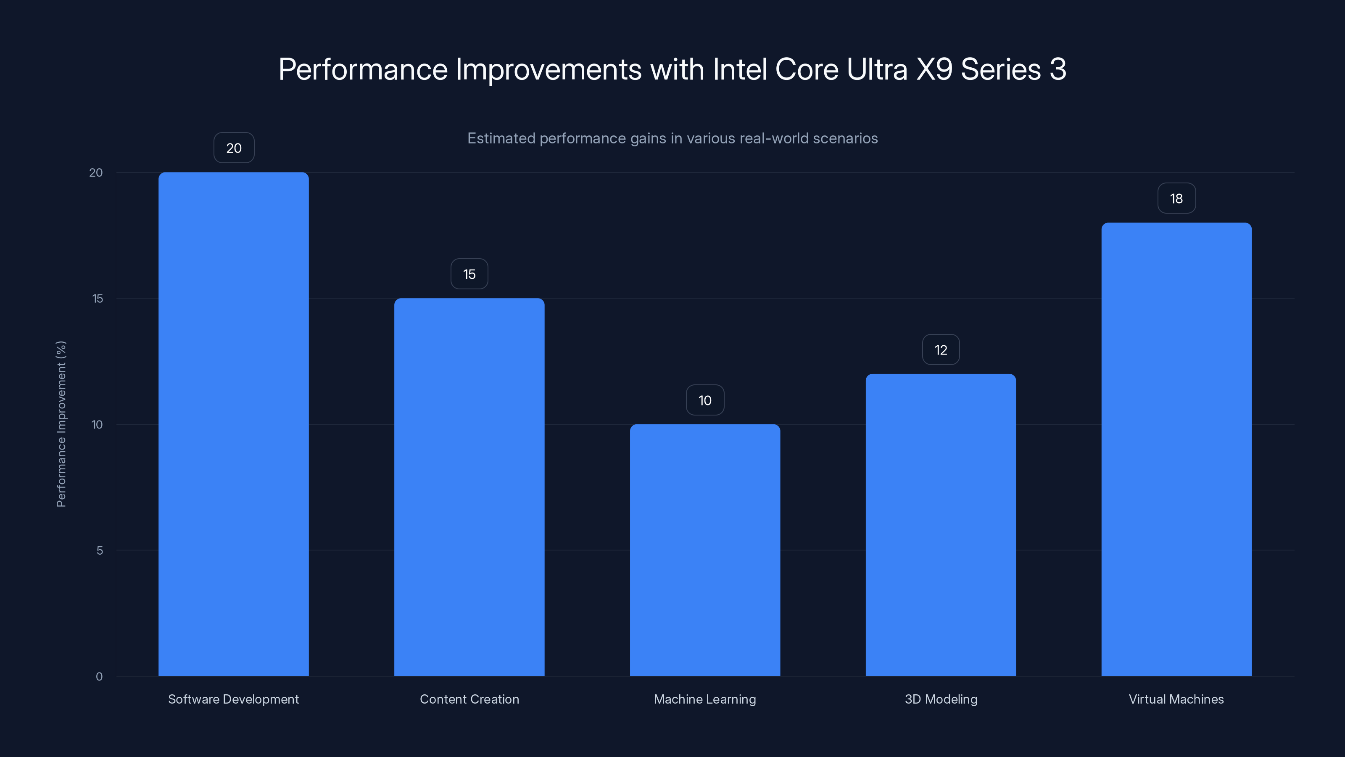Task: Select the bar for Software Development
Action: (233, 423)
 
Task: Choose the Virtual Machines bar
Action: (1176, 449)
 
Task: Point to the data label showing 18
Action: (1176, 199)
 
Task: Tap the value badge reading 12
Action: (940, 350)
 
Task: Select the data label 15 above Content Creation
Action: (469, 274)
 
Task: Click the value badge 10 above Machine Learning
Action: (705, 400)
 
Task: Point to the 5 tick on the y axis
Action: (99, 550)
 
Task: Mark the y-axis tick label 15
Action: (98, 298)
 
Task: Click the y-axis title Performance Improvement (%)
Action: (61, 423)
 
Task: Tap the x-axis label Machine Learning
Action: (705, 699)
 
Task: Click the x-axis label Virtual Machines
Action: (1176, 699)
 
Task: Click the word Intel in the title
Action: (739, 69)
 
